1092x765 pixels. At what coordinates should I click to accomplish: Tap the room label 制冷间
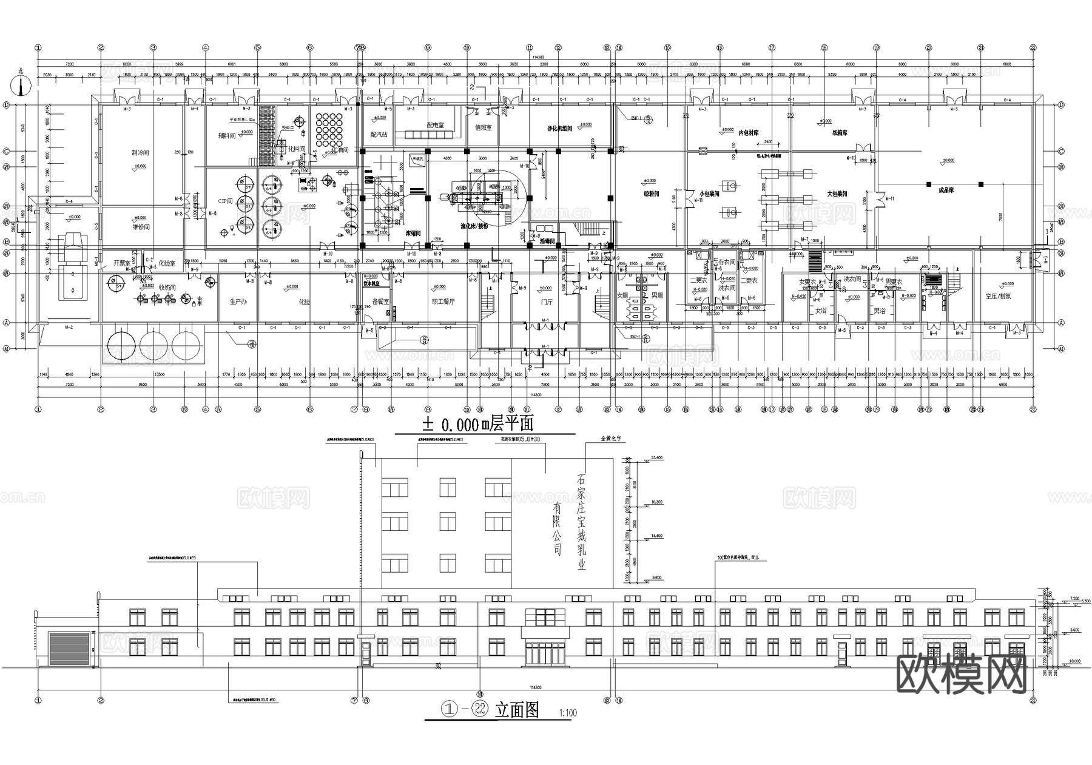pos(140,153)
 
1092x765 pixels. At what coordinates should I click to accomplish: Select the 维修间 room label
pos(140,227)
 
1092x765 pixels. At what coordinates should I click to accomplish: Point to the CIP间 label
pos(225,201)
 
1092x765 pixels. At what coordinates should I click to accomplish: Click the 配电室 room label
pos(435,125)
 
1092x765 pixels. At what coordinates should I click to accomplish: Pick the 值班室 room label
pos(483,128)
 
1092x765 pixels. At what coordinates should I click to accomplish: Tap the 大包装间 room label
pos(837,194)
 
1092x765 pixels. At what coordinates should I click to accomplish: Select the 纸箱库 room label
pos(840,132)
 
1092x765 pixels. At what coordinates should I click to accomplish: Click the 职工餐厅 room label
pos(443,301)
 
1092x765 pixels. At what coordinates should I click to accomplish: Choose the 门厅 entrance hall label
pos(547,302)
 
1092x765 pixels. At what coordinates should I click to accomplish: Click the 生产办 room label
pos(238,301)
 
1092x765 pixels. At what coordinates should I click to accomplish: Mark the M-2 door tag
pos(69,328)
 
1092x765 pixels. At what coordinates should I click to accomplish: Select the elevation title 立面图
pos(517,710)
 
